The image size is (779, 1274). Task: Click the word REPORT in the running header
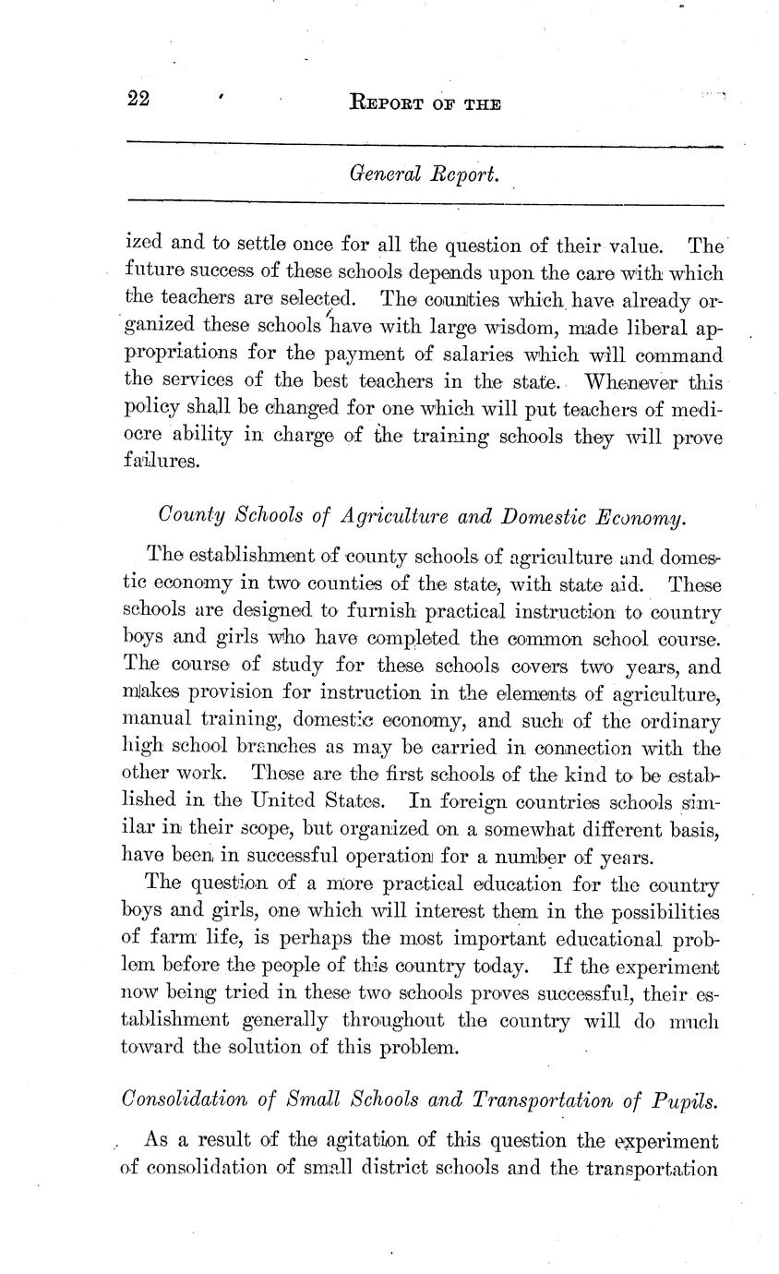[387, 104]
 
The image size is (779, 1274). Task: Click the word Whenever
[634, 380]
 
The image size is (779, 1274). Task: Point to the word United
[308, 799]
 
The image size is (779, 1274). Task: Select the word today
[494, 967]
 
